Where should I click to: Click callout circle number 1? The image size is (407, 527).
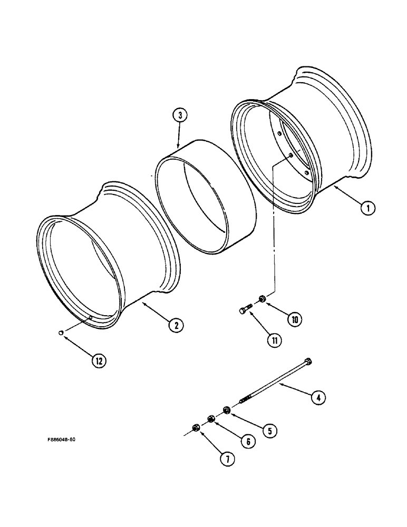[x=368, y=208]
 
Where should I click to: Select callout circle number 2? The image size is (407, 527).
[x=176, y=325]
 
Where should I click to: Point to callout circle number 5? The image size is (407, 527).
[x=269, y=431]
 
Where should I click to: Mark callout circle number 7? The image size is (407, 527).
[x=227, y=459]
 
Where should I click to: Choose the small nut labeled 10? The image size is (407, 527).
[x=262, y=300]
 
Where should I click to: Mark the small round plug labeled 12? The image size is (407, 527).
[x=61, y=333]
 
